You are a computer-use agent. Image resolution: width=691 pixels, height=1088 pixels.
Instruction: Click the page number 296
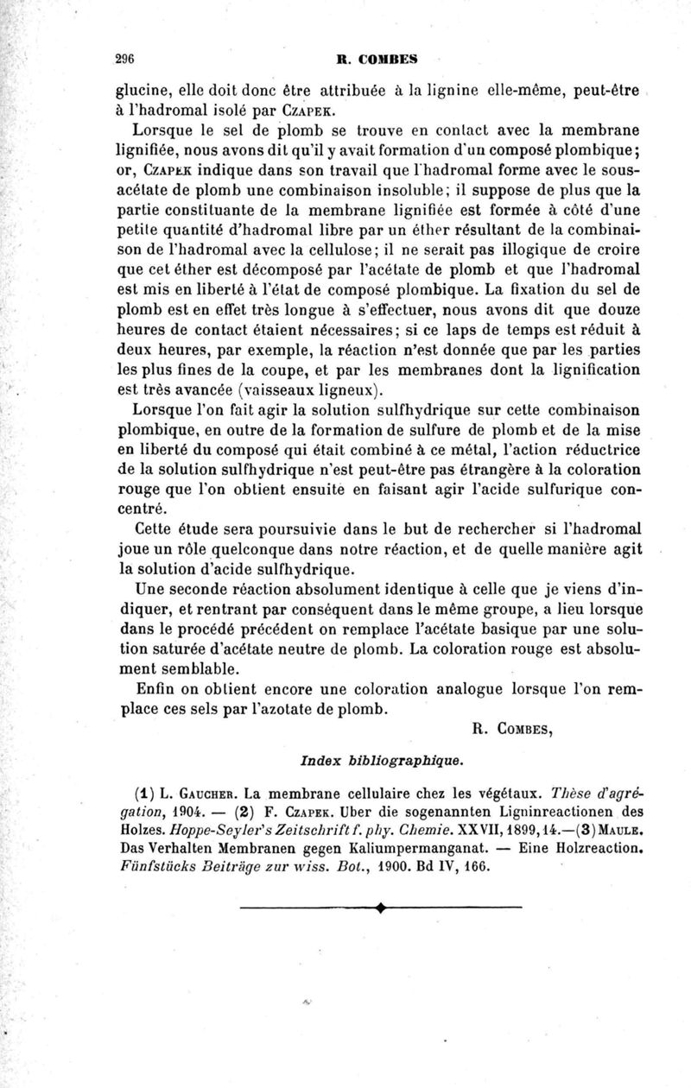128,60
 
